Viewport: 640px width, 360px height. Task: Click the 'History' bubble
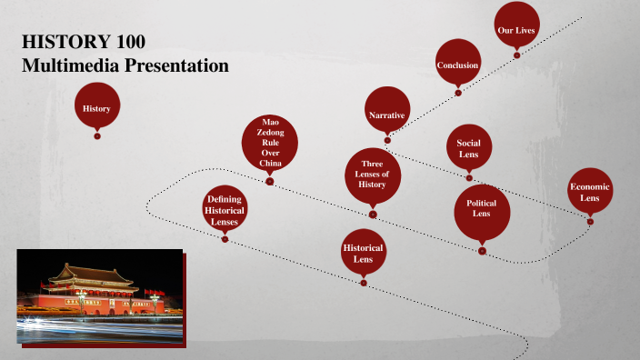click(96, 108)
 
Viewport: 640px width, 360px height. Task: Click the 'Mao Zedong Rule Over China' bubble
click(270, 143)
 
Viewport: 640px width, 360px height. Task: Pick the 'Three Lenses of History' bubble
click(373, 172)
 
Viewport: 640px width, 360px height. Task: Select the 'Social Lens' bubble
click(468, 148)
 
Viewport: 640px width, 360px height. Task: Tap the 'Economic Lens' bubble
click(590, 191)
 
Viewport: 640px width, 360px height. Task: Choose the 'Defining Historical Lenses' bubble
click(225, 209)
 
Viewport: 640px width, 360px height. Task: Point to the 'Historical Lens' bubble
click(363, 252)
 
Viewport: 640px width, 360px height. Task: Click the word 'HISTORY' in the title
click(55, 42)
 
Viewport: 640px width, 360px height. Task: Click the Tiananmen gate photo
click(99, 295)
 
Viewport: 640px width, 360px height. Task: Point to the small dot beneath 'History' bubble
click(97, 136)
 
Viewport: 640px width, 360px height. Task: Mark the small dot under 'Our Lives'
click(516, 55)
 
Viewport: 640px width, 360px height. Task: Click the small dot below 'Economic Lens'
click(590, 221)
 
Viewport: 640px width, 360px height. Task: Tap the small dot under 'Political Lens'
click(482, 251)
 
